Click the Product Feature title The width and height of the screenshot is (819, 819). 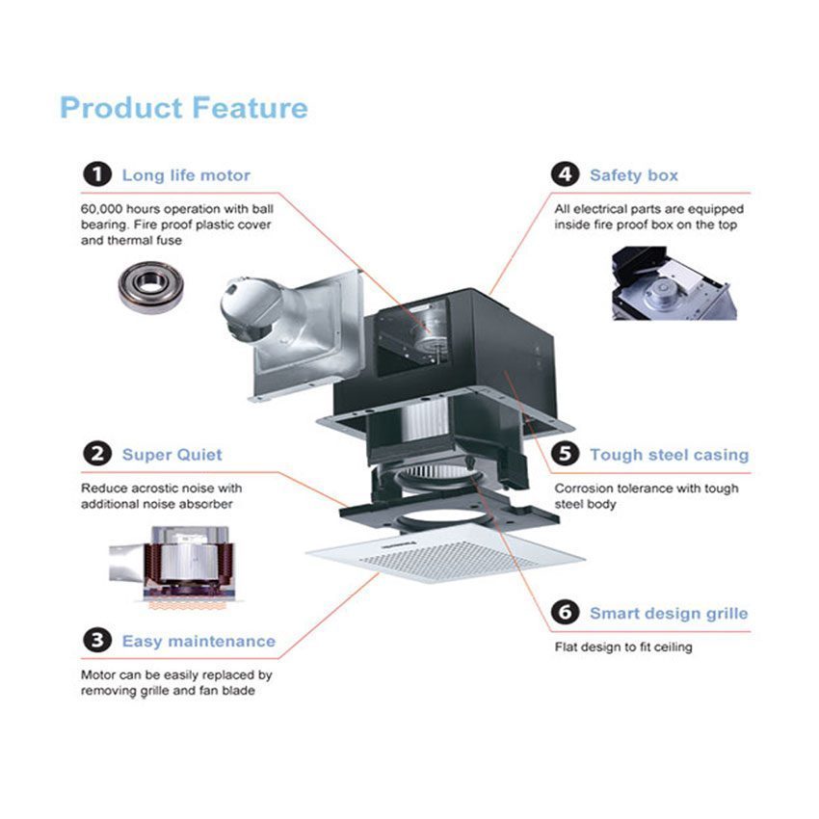pos(183,107)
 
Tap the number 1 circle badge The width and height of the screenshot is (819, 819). pos(96,174)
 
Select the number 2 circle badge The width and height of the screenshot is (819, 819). pos(96,454)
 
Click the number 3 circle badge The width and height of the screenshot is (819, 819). pos(96,640)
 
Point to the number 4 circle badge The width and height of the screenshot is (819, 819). pos(565,174)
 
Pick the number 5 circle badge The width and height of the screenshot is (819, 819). pos(565,454)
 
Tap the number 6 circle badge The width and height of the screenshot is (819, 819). pos(565,612)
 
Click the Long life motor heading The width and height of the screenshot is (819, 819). pos(186,175)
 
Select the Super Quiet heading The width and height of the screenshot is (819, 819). pos(172,455)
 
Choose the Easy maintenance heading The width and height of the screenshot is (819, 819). pos(198,641)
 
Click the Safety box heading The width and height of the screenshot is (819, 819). pos(634,175)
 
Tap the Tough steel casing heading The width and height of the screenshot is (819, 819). pos(669,455)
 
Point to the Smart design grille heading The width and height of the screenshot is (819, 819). pos(669,613)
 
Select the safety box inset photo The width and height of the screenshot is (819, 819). pos(673,283)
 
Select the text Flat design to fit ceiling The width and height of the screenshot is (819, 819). pos(622,647)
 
